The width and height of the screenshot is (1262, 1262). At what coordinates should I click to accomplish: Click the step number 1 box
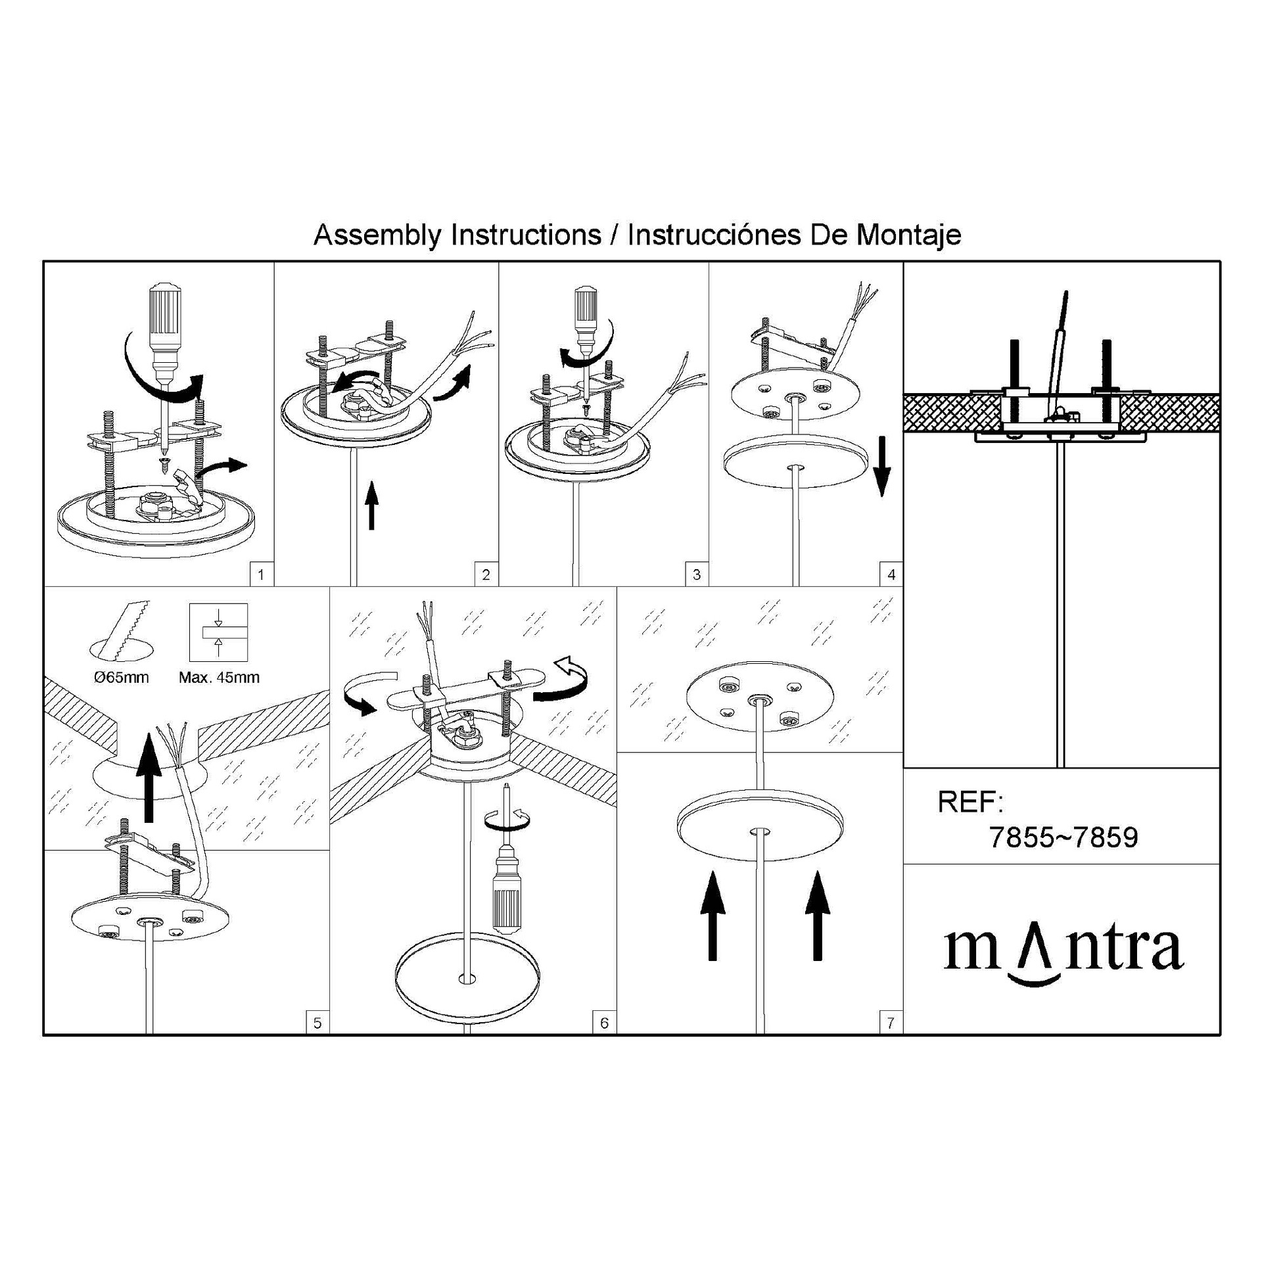tap(262, 574)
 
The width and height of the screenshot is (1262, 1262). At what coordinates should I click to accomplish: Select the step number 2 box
tap(486, 574)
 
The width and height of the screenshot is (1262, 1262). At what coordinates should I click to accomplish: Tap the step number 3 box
tap(697, 574)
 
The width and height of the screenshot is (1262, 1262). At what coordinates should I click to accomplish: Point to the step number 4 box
tap(891, 574)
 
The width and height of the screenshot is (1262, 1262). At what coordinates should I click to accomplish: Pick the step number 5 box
tap(317, 1023)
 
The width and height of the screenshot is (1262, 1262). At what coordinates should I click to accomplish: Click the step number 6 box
tap(605, 1023)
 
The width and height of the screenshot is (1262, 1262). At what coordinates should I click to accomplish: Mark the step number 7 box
tap(891, 1023)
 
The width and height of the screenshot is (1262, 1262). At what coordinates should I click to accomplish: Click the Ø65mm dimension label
tap(121, 678)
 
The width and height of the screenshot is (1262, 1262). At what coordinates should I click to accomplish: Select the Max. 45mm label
tap(219, 678)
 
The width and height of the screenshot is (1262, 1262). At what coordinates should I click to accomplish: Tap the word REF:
tap(970, 802)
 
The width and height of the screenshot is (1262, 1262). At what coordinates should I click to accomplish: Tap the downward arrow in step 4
tap(882, 466)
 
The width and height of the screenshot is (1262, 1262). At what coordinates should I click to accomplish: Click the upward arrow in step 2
tap(372, 505)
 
